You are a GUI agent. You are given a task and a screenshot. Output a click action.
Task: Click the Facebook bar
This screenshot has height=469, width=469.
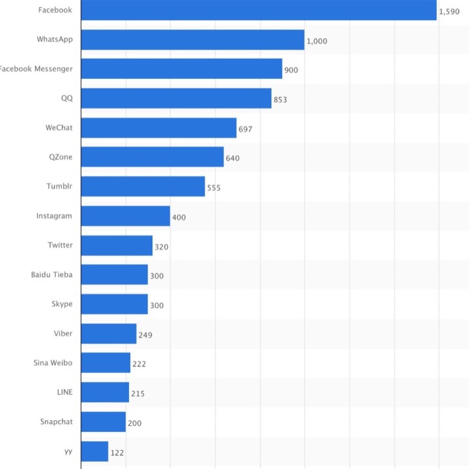[259, 10]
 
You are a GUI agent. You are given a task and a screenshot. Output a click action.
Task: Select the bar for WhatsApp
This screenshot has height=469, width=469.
[193, 40]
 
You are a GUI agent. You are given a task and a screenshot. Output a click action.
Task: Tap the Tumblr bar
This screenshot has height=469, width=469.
[143, 187]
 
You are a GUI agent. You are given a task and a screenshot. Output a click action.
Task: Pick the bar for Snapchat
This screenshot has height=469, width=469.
[104, 422]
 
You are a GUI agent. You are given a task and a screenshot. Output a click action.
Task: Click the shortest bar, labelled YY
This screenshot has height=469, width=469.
[95, 451]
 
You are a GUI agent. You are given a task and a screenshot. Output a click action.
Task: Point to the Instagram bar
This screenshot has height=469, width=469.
[126, 216]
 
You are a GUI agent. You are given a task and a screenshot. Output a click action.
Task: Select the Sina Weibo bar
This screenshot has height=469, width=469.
[106, 363]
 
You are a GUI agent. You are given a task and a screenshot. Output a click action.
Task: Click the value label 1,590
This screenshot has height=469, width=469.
[449, 12]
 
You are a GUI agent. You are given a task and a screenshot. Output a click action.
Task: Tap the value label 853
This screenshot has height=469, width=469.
[280, 100]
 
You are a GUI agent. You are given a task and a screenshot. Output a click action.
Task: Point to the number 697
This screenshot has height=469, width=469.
[245, 129]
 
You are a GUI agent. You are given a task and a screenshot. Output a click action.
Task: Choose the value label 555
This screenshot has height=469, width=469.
[214, 188]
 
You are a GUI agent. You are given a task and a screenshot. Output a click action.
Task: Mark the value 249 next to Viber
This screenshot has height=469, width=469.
[145, 335]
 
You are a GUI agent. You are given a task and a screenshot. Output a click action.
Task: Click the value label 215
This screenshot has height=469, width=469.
[137, 393]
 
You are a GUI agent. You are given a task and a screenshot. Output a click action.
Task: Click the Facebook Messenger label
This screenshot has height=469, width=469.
[36, 68]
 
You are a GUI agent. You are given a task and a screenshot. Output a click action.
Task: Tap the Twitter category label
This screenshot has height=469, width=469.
[60, 245]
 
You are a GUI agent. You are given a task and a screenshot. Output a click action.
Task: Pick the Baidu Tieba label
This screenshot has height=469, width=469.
[51, 274]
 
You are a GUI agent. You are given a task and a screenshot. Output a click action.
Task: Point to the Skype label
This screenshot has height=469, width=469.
[62, 304]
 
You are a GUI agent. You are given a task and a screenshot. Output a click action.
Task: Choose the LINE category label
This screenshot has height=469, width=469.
[64, 392]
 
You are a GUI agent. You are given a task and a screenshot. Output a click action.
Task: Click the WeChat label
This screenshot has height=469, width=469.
[59, 128]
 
